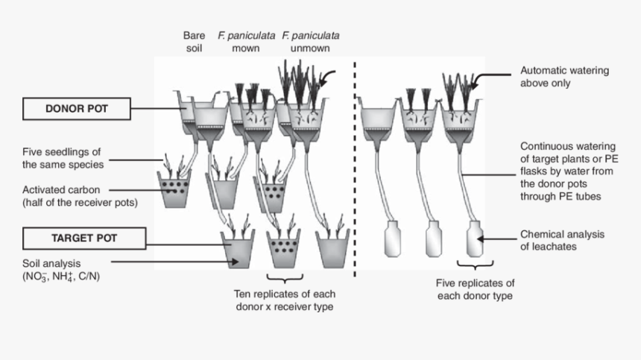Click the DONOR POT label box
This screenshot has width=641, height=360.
[77, 109]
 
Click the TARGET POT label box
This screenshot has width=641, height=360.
[77, 239]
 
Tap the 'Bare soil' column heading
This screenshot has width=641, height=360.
[193, 42]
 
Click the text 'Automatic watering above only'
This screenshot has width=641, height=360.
[564, 77]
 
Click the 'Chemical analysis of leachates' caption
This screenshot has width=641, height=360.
[562, 240]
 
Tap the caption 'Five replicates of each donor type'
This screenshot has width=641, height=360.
[475, 289]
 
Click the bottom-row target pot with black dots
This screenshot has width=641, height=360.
[283, 247]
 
